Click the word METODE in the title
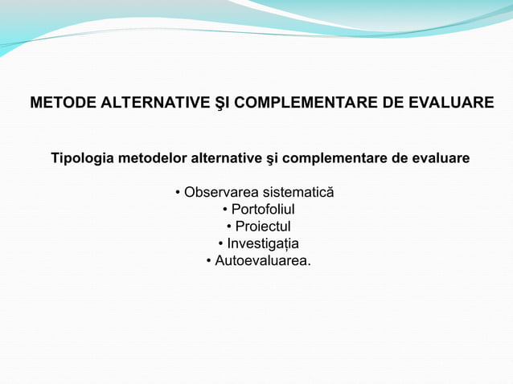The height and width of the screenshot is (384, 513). point(59,104)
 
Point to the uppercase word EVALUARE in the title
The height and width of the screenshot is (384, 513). point(453,104)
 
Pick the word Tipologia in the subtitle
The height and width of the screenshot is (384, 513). point(83,158)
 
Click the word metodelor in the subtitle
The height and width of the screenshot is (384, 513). point(151,158)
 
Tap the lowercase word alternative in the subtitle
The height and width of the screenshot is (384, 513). point(226,158)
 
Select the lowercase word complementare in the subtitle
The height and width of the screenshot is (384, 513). point(339,158)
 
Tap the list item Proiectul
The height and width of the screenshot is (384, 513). point(263,227)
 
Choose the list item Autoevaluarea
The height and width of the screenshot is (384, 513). point(262,261)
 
